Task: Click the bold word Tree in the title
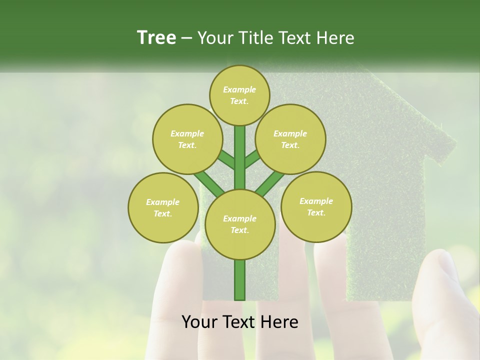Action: click(156, 37)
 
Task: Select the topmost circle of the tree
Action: click(239, 95)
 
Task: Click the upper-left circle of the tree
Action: click(187, 139)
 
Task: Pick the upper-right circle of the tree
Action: click(290, 139)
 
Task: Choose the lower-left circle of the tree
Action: click(163, 207)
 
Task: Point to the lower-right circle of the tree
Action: click(316, 206)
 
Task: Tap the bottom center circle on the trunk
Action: click(240, 224)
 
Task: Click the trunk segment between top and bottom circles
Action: click(240, 157)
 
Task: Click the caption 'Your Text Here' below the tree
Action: click(240, 322)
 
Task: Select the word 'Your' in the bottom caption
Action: click(199, 322)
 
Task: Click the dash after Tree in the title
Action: click(186, 38)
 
